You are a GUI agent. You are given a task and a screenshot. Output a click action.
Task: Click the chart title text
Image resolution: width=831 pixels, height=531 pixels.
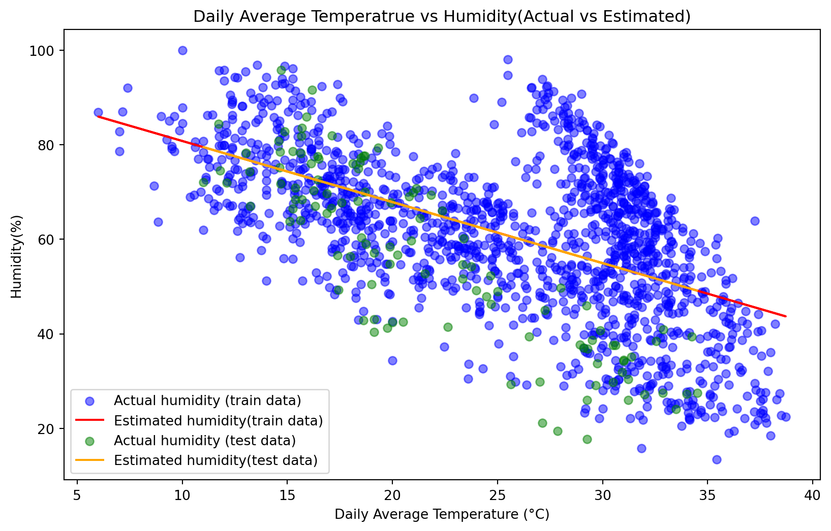442,17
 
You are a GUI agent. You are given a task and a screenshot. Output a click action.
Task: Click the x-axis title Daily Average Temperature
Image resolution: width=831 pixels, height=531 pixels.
442,515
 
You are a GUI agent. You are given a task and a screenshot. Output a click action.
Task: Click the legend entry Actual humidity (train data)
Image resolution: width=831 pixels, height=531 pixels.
207,401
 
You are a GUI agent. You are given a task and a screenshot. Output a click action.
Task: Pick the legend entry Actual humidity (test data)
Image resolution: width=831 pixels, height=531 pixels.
204,440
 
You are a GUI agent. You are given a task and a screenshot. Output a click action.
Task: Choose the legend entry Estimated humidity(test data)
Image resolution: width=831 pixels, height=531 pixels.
216,460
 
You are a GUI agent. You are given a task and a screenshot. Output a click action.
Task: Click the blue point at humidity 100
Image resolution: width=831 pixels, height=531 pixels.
182,50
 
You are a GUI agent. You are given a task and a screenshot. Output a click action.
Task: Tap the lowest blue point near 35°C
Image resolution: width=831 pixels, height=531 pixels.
717,459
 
